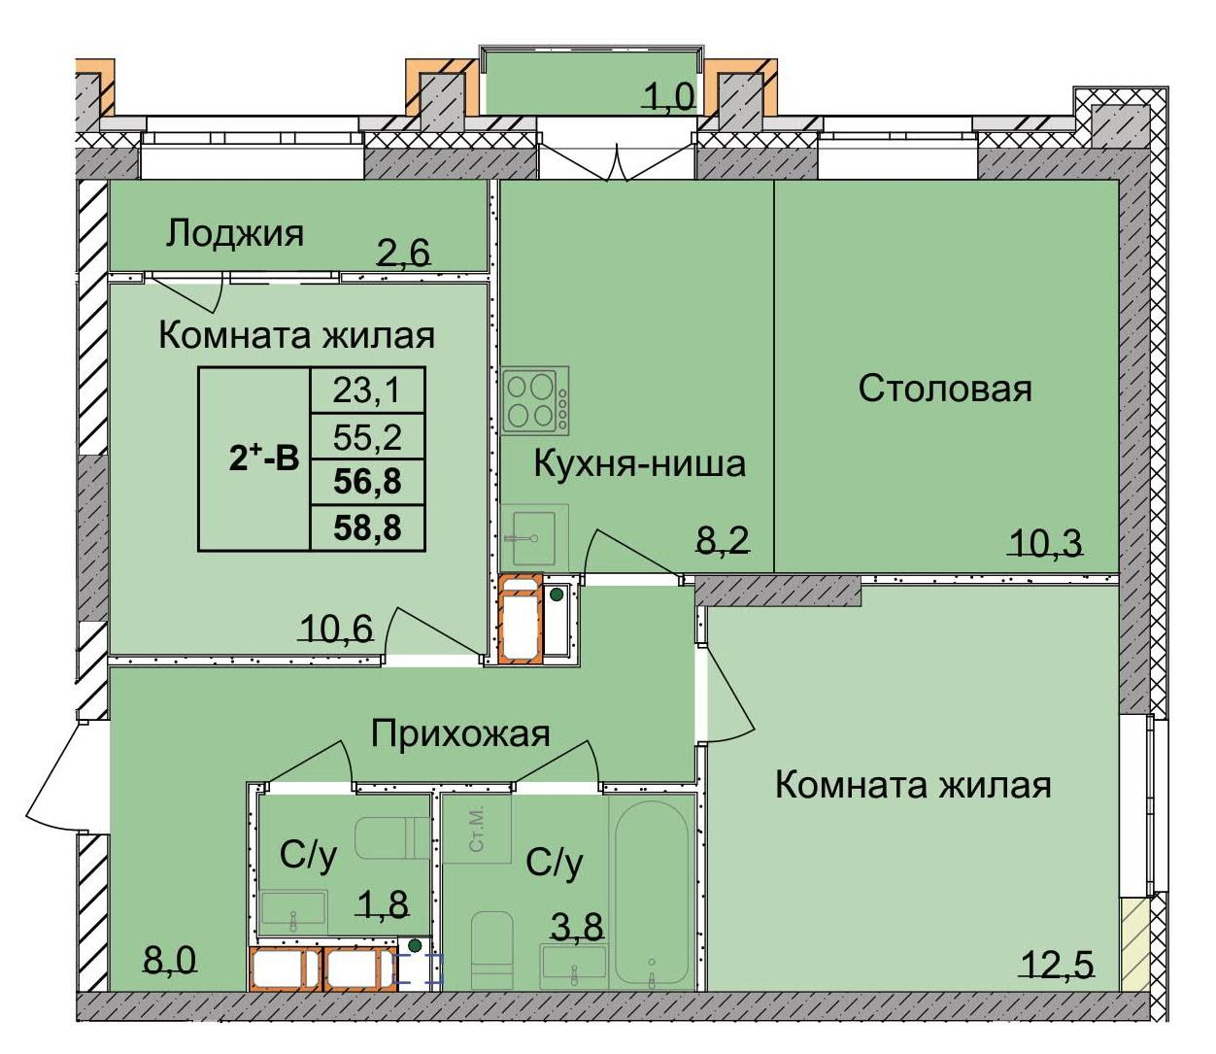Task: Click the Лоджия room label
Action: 234,233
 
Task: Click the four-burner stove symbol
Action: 535,400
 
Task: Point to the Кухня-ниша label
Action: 639,463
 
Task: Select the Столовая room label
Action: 944,389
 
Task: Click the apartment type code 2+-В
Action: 263,459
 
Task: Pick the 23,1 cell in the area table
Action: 366,391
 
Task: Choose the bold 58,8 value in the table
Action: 366,528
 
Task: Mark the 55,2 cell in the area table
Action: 366,437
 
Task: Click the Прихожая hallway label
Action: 460,733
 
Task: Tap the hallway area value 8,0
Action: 170,961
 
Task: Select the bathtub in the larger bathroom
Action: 651,891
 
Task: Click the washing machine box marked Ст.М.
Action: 476,829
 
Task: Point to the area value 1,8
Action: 382,903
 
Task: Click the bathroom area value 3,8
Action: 577,927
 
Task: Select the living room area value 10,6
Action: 336,629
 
